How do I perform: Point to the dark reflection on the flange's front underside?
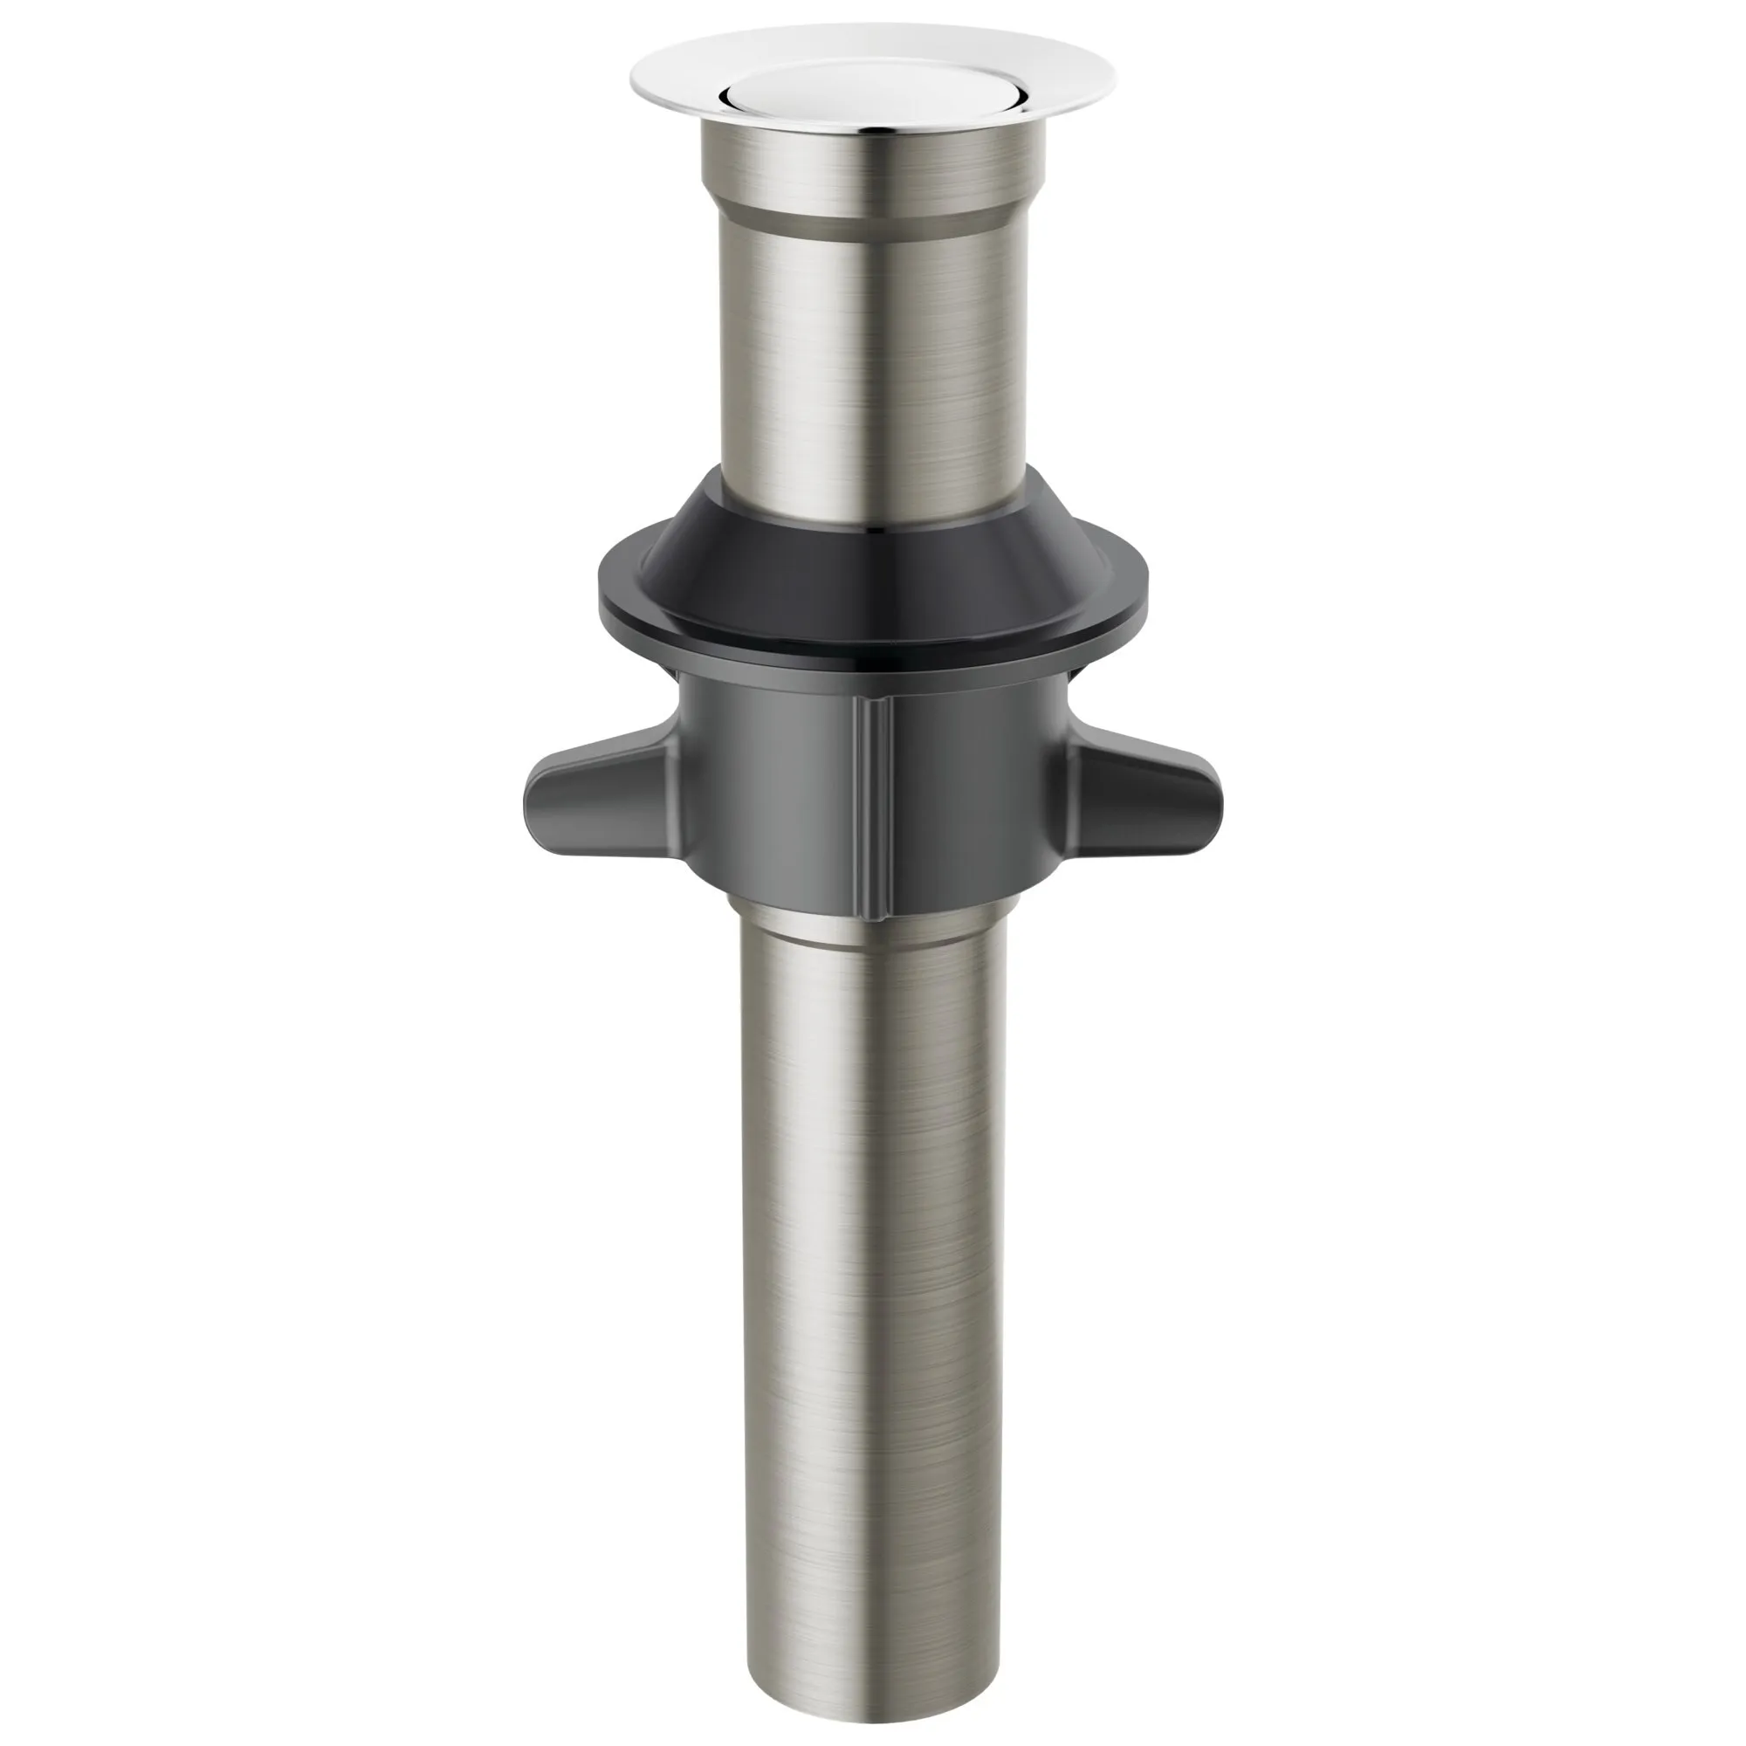pyautogui.click(x=872, y=130)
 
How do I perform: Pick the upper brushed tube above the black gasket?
pyautogui.click(x=872, y=361)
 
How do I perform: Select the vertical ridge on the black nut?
pyautogui.click(x=872, y=804)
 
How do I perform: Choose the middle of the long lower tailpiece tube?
pyautogui.click(x=872, y=1265)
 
